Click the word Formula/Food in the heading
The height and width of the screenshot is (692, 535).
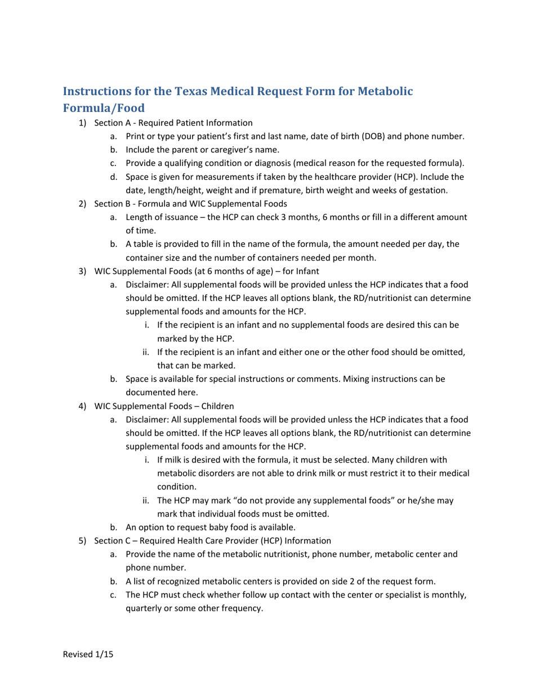pos(104,108)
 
